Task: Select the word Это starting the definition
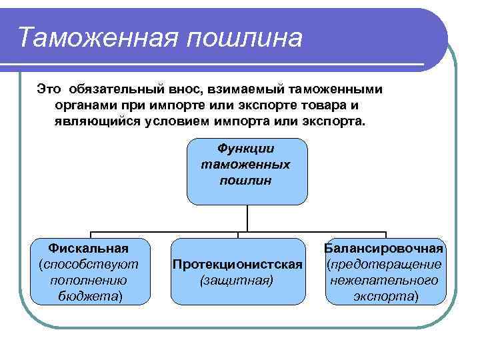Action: (49, 88)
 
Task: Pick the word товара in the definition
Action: (326, 105)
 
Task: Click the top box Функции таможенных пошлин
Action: (247, 171)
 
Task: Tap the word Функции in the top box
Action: (247, 149)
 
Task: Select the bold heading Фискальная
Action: (89, 249)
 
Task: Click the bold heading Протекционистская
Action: (237, 265)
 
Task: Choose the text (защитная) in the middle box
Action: (237, 281)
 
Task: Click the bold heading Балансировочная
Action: (385, 249)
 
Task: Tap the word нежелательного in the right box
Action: (385, 280)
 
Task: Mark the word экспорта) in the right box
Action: (385, 296)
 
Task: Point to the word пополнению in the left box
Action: (89, 280)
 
